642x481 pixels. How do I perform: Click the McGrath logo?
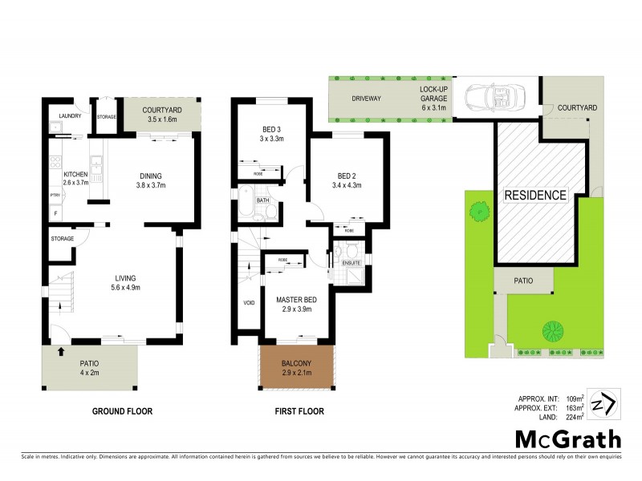[567, 439]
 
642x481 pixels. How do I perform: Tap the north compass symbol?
[603, 403]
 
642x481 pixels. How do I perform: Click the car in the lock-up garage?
[494, 99]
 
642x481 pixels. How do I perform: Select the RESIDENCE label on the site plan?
[535, 195]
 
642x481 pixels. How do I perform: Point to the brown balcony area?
[295, 368]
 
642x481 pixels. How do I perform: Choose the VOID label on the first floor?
[248, 303]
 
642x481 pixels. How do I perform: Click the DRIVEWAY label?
[365, 99]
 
